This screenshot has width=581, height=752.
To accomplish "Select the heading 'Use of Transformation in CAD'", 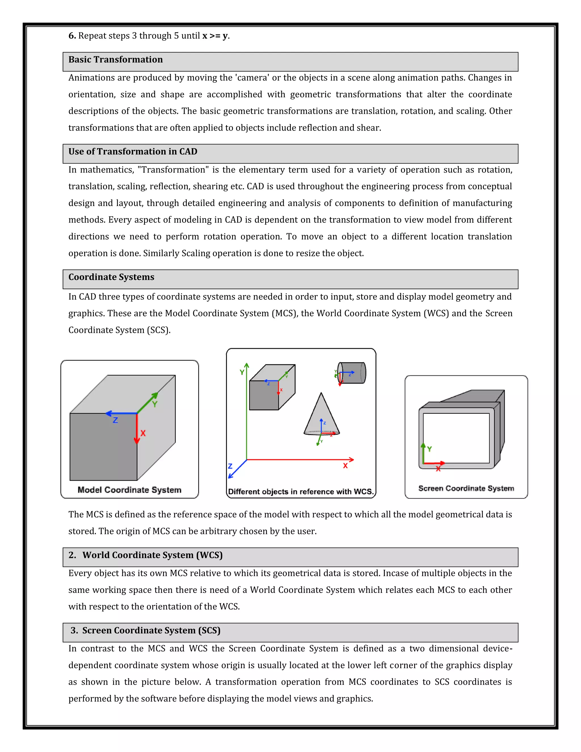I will click(132, 152).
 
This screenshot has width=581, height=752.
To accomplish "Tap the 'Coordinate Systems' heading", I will click(111, 277).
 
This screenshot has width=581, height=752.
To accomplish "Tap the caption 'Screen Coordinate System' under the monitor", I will click(466, 488).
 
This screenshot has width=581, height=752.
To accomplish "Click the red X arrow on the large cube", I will click(137, 429).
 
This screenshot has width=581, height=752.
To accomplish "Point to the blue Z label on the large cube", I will click(115, 420).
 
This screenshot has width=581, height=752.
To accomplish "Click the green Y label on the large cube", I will click(155, 404).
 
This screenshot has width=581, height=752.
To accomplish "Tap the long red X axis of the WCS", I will click(300, 459).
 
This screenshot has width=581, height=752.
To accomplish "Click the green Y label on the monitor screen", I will click(429, 449).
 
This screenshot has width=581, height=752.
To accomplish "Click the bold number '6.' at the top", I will click(72, 36).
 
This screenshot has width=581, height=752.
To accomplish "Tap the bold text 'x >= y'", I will click(215, 36).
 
